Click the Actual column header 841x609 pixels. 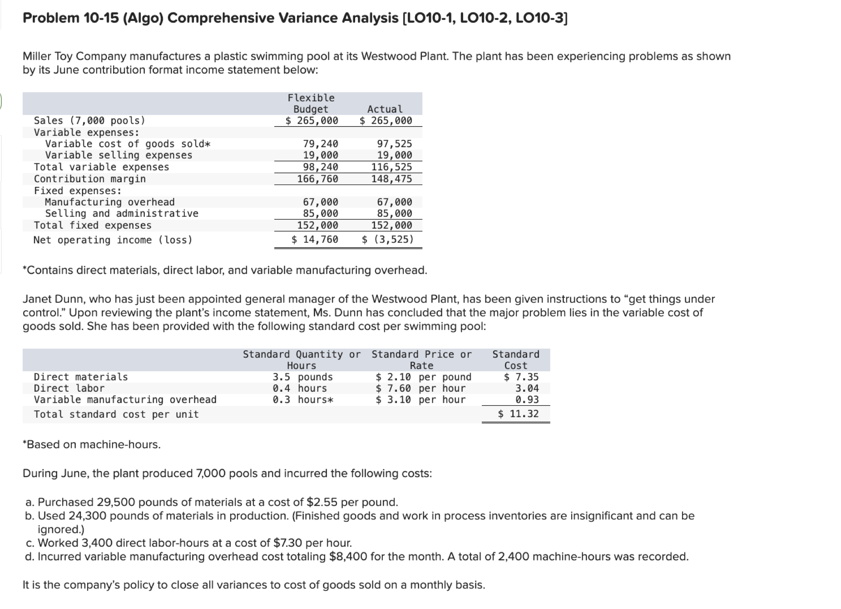385,109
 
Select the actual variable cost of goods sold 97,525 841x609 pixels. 394,144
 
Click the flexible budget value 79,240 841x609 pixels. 320,144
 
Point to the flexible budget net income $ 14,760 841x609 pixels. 315,239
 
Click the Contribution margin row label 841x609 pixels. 90,179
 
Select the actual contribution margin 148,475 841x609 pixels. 391,179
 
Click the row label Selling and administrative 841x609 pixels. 122,213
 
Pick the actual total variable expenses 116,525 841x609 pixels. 391,167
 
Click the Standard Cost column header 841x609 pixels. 516,359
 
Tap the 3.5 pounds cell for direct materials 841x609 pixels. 302,377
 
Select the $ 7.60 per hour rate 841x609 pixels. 420,388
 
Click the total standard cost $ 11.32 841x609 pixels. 518,414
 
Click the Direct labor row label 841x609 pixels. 69,388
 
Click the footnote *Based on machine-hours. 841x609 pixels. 92,444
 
